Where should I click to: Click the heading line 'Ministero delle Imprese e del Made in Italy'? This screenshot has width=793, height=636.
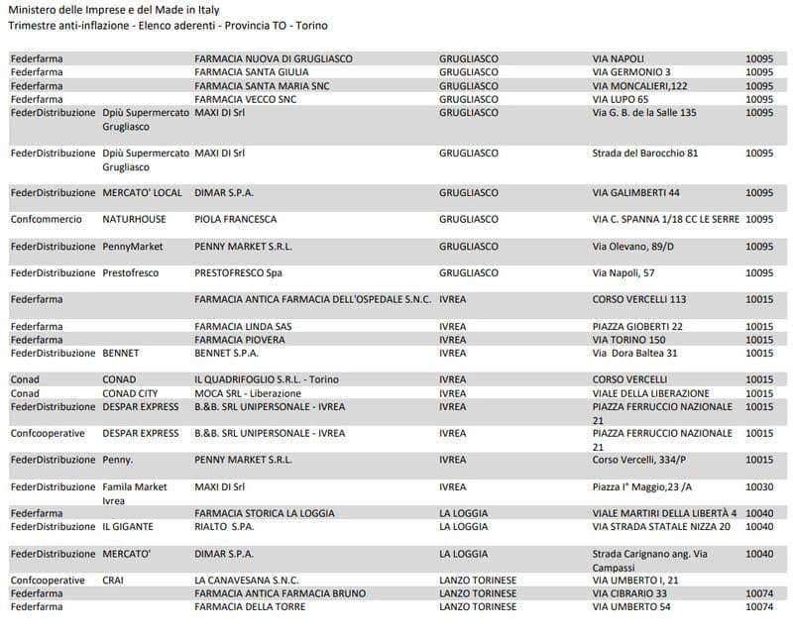click(113, 10)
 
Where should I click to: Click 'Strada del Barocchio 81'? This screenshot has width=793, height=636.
click(645, 154)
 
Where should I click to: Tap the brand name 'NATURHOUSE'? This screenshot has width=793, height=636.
click(134, 219)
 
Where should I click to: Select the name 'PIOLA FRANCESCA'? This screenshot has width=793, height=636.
click(235, 219)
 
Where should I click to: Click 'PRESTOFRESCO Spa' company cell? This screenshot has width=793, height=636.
click(238, 272)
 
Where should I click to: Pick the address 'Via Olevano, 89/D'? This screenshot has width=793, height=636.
click(633, 246)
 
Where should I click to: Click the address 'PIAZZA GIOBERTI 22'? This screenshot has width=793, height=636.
click(637, 326)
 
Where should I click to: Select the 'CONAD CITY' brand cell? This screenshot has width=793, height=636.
click(130, 393)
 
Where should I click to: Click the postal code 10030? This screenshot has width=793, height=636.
click(758, 486)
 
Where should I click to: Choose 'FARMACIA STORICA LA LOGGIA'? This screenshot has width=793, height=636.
click(264, 513)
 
